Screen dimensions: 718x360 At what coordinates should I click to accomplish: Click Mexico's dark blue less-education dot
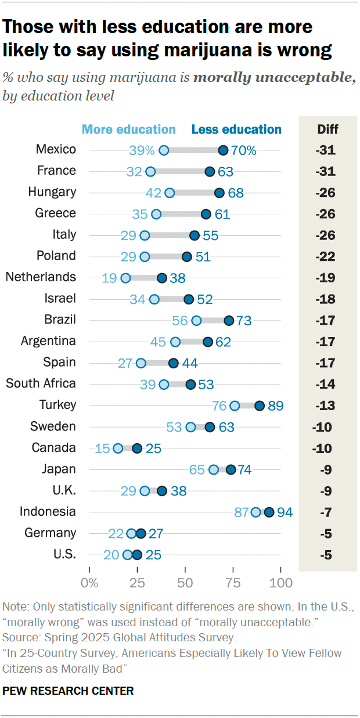pyautogui.click(x=223, y=150)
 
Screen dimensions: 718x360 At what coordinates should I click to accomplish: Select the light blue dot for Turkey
pyautogui.click(x=235, y=405)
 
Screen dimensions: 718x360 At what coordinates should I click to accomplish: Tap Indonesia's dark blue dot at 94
pyautogui.click(x=269, y=512)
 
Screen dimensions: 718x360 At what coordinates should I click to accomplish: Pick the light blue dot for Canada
pyautogui.click(x=118, y=448)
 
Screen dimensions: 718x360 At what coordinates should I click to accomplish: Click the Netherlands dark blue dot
pyautogui.click(x=162, y=278)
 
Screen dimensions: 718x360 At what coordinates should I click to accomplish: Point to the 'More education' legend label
pyautogui.click(x=129, y=130)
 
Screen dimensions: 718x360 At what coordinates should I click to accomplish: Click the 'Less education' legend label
pyautogui.click(x=236, y=130)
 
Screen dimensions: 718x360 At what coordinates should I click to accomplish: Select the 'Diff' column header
pyautogui.click(x=328, y=130)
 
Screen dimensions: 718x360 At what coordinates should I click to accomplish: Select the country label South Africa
pyautogui.click(x=41, y=384)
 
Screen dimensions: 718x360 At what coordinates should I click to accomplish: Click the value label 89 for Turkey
pyautogui.click(x=275, y=405)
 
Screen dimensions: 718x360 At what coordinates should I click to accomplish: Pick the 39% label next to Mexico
pyautogui.click(x=142, y=150)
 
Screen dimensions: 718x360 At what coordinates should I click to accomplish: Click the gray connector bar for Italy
pyautogui.click(x=170, y=235)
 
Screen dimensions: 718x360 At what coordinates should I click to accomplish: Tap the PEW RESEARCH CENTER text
pyautogui.click(x=69, y=691)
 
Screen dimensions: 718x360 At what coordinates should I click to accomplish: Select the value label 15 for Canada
pyautogui.click(x=103, y=448)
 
